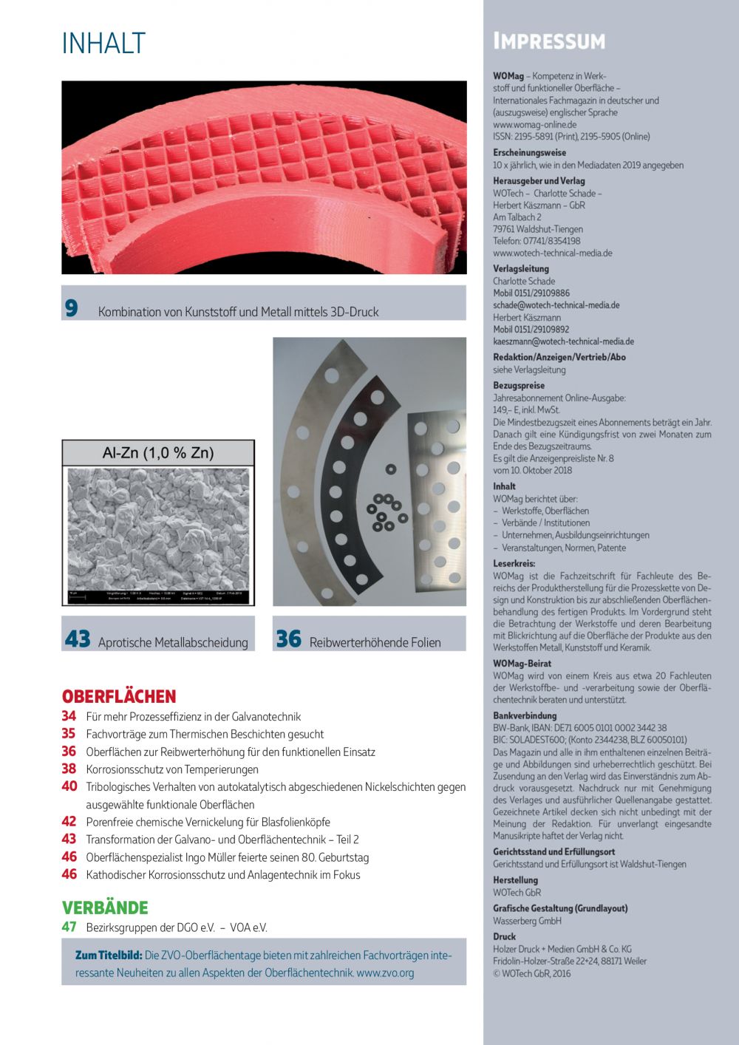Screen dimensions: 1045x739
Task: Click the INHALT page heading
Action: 103,44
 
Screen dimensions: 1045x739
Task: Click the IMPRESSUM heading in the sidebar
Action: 549,41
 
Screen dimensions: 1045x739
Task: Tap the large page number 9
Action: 71,308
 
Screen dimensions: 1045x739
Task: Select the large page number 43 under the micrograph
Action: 78,639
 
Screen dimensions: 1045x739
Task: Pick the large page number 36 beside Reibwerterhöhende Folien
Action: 289,639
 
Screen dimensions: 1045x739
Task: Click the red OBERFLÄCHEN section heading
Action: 119,696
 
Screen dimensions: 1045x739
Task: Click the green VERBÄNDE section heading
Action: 105,908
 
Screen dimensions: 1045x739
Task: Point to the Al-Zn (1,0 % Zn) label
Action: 157,453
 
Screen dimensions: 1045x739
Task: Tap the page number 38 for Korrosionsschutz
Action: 69,769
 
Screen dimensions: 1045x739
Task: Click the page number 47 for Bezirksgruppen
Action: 69,927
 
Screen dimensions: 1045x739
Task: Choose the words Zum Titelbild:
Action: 109,955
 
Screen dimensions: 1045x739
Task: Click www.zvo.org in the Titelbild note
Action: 385,973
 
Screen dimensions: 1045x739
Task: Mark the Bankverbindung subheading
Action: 525,715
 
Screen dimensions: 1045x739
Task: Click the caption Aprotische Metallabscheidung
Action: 173,642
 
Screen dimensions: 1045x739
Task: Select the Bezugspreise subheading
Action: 519,385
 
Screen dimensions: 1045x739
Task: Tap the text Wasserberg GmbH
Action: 527,921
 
